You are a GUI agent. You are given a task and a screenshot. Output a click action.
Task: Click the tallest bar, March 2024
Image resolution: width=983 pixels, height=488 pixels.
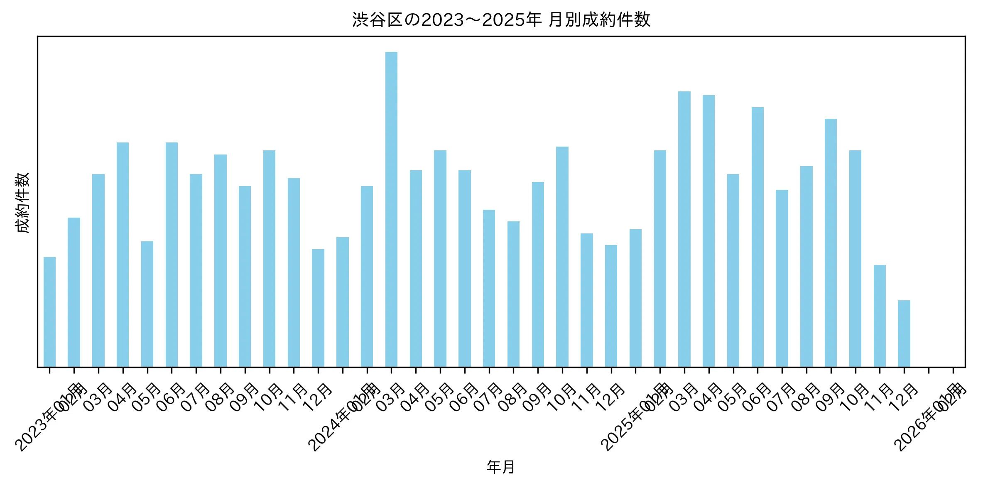[x=391, y=209]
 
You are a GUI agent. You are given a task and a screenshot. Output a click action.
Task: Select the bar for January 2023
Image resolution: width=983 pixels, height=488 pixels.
[x=49, y=312]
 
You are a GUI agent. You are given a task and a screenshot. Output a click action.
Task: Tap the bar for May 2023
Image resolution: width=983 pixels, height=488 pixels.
[x=147, y=304]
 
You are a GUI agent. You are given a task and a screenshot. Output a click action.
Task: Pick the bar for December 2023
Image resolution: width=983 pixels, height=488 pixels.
[x=318, y=308]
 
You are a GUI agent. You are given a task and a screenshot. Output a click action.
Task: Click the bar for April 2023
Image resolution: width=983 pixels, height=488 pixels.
[x=123, y=255]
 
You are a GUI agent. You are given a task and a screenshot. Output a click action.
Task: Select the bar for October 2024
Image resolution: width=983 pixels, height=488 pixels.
[x=562, y=257]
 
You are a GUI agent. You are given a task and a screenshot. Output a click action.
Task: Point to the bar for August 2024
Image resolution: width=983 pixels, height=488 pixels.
[x=513, y=294]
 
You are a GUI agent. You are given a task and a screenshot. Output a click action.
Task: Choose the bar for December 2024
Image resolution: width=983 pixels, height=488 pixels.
[x=611, y=306]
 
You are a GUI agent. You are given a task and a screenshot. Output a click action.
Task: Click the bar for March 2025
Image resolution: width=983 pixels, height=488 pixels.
[x=684, y=229]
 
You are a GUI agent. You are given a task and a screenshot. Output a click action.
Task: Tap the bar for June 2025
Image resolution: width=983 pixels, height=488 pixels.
[x=757, y=237]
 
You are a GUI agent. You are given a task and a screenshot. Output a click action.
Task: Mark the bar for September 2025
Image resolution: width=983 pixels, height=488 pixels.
[x=831, y=243]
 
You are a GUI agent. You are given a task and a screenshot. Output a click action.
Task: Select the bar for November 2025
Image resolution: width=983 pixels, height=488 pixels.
[x=880, y=316]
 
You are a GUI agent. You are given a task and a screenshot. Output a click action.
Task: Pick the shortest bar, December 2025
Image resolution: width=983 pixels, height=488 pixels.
[x=904, y=334]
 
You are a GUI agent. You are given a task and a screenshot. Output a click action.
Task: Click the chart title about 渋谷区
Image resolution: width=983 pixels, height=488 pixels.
[x=501, y=20]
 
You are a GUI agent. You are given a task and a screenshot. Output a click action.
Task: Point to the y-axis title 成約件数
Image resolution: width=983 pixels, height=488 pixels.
[x=23, y=202]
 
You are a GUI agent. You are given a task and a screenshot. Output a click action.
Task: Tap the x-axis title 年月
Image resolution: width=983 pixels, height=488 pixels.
[x=501, y=467]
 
